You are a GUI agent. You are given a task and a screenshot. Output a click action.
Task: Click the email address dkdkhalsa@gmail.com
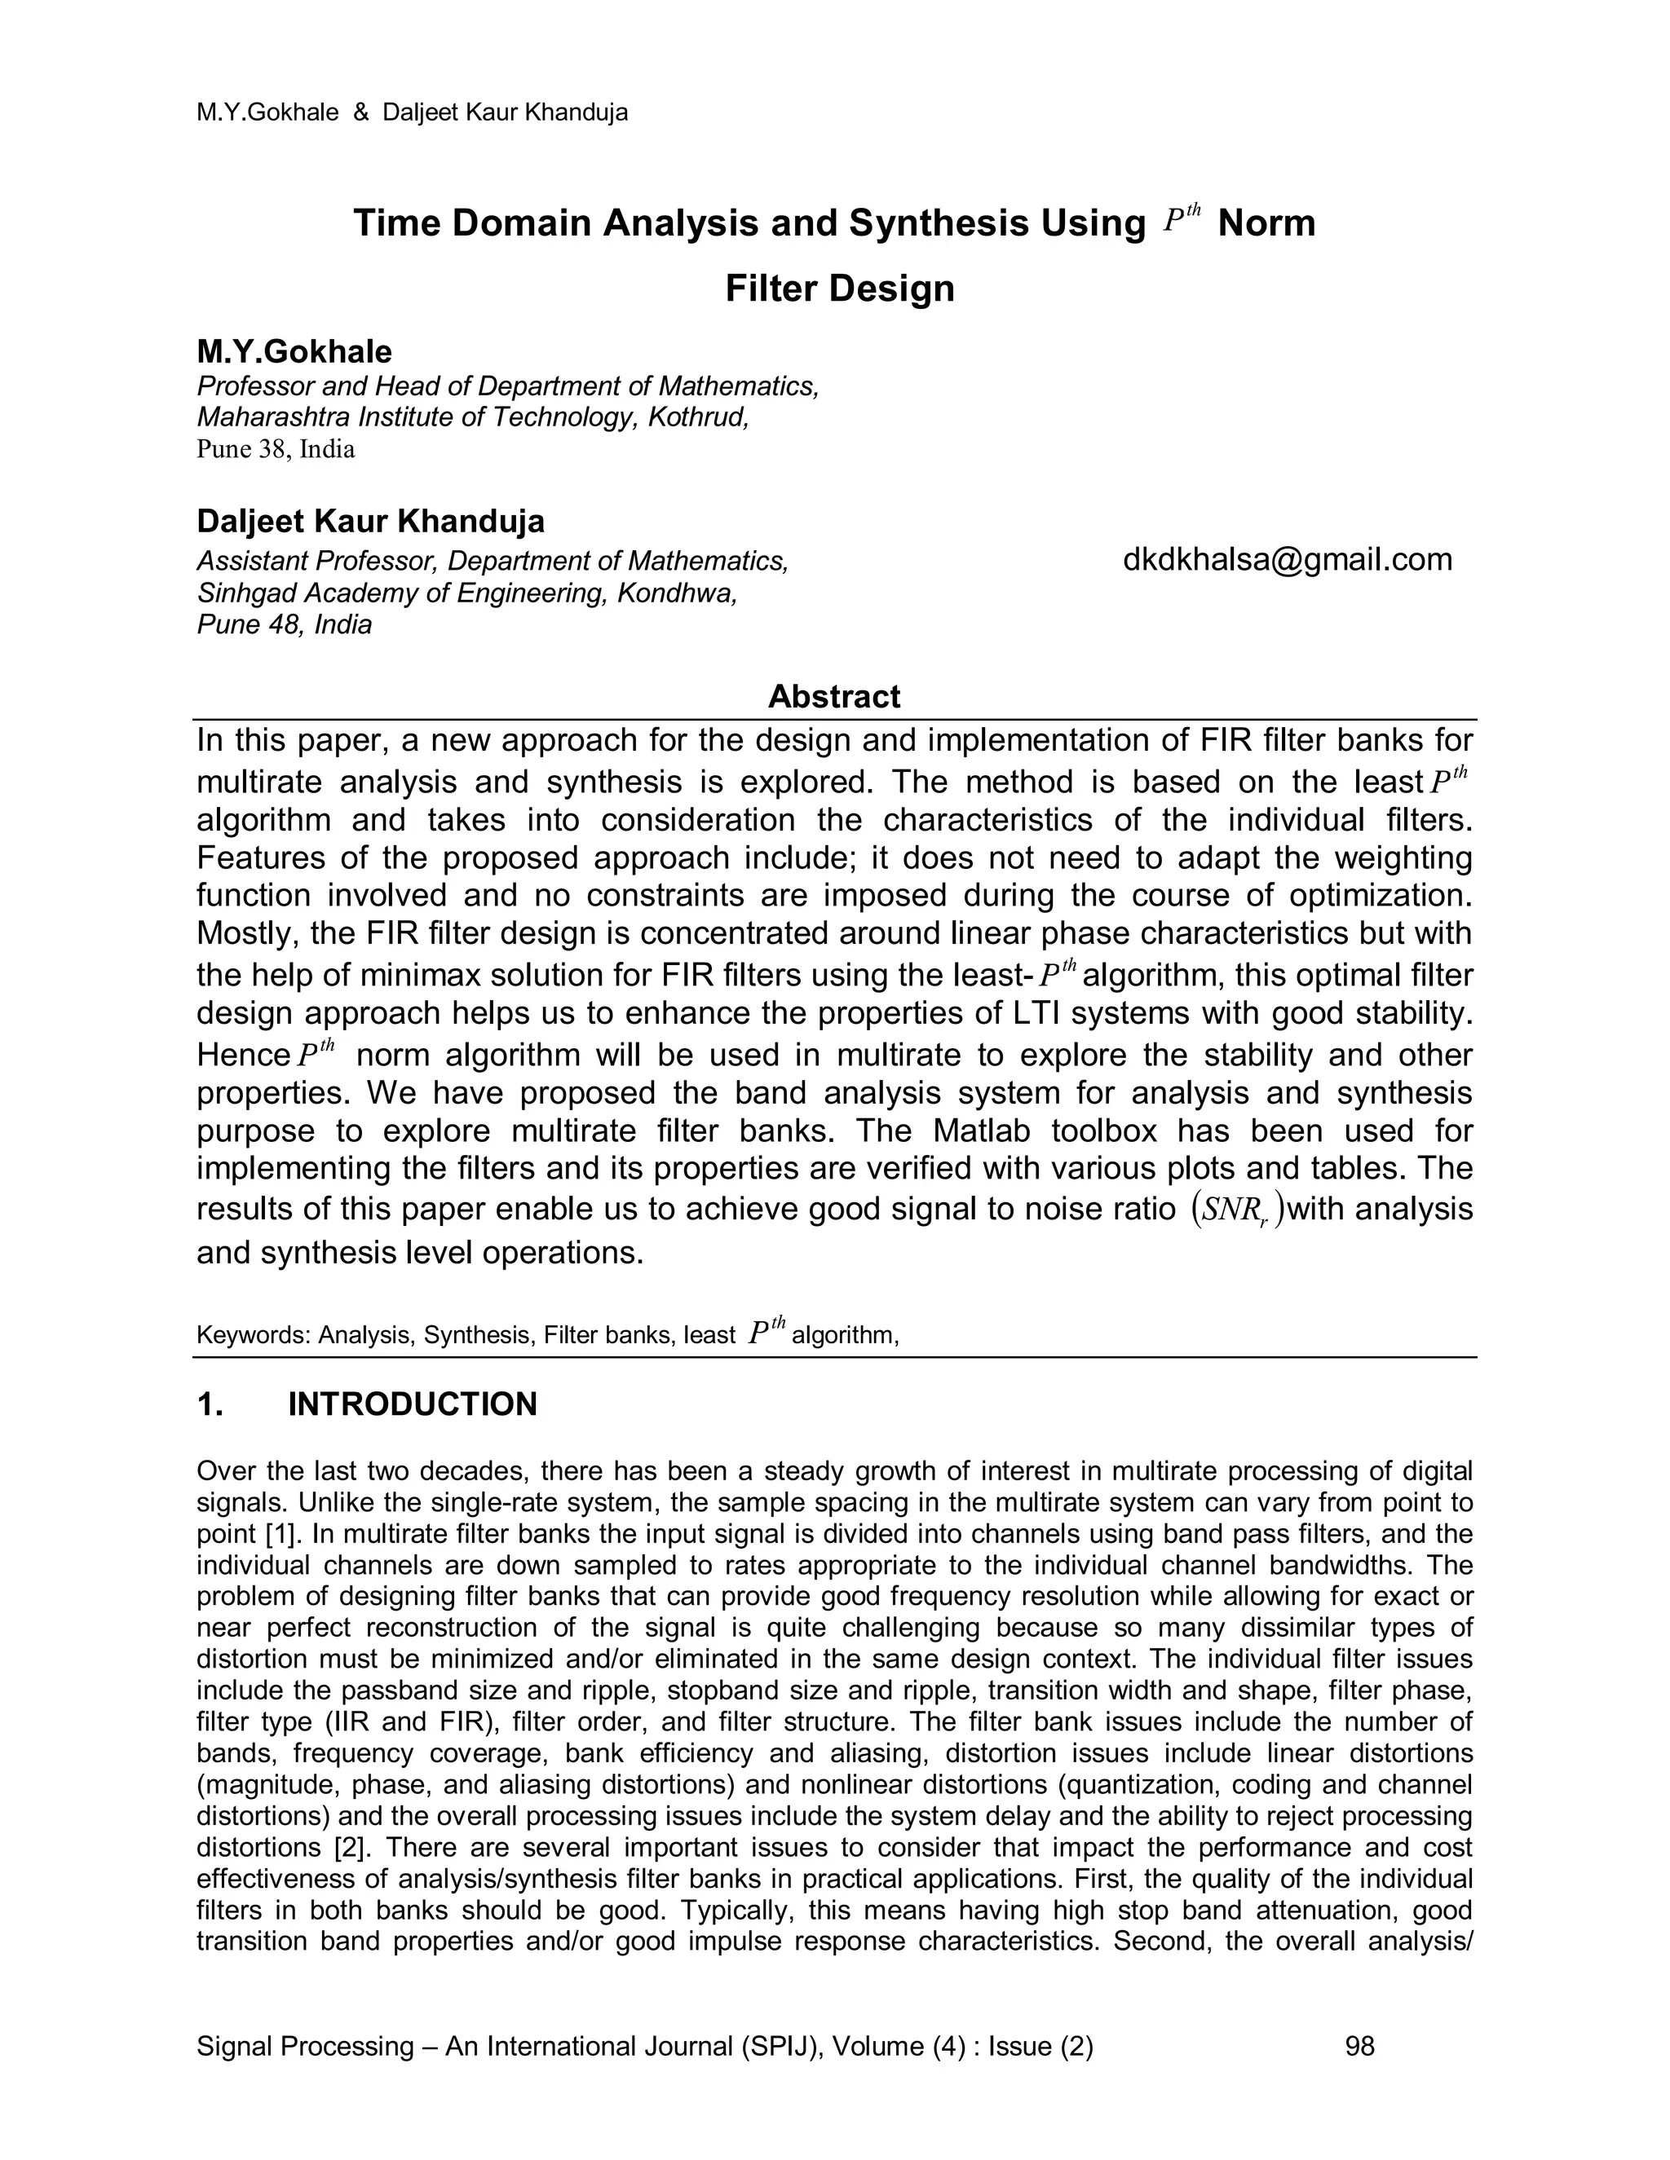1287,560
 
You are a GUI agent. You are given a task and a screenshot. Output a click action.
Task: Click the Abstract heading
834,696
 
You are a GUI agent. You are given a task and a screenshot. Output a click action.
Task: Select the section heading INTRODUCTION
412,1404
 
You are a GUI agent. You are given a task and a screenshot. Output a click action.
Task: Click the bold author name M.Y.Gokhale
294,351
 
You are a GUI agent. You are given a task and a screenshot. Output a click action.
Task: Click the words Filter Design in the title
839,288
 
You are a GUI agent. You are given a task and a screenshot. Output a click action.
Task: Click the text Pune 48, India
284,625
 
